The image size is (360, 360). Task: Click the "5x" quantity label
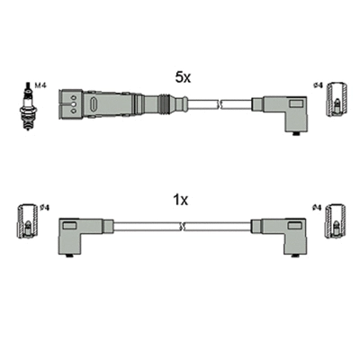point(184,78)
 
